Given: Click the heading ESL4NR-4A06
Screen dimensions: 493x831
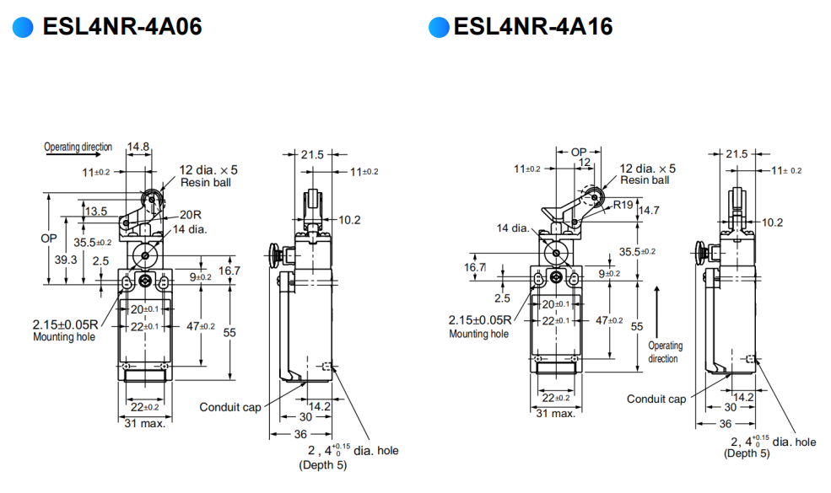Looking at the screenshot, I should pos(121,27).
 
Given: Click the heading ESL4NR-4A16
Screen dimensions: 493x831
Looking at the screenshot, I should pos(533,27).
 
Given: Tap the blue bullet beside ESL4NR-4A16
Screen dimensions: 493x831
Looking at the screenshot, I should pos(439,28).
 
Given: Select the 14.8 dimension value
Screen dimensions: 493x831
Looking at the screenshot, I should pos(138,147).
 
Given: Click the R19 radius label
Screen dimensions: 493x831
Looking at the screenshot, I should pos(623,204).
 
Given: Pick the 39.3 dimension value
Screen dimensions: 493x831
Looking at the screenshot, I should pos(66,260).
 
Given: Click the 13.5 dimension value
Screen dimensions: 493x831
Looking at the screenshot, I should pos(95,211).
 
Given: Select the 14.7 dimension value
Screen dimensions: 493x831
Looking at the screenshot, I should pos(650,210).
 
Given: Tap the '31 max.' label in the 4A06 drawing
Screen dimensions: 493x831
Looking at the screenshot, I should pos(145,423).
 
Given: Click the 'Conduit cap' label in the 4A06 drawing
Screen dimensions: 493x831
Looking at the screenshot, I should pos(230,407).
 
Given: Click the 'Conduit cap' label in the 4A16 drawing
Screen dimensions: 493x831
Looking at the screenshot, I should pos(656,399).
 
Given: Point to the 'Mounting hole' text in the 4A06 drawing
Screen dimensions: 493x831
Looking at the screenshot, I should pos(64,337).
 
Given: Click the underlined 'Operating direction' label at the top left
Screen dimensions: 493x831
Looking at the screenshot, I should pos(78,147).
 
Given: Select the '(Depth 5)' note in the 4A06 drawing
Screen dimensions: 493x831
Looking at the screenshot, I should pos(322,465).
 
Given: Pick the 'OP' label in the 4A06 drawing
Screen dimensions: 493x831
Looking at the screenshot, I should pos(49,238).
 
